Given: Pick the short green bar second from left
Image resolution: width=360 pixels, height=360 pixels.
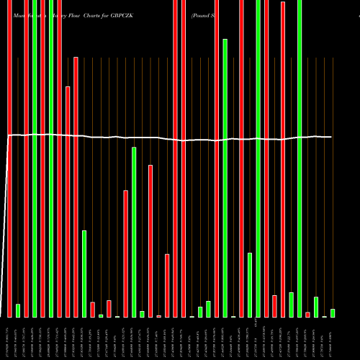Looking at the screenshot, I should (18, 310).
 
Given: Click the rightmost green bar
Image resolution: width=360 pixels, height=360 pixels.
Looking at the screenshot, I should (333, 313).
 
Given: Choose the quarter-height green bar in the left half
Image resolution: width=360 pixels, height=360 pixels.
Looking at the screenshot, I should (84, 274).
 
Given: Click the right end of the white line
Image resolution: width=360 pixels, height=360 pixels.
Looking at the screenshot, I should (331, 137).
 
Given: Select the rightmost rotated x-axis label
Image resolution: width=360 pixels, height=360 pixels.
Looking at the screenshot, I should (333, 338).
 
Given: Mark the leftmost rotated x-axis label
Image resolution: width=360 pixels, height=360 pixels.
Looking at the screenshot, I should (9, 338).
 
